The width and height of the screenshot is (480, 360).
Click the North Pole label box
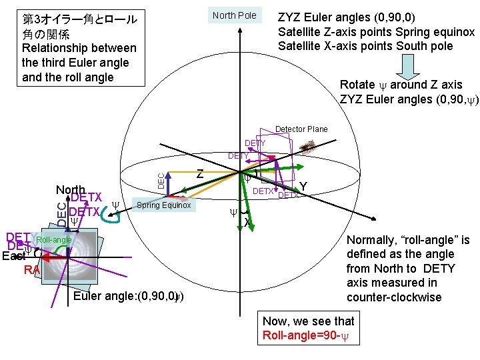coord(234,15)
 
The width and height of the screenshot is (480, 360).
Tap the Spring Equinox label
coord(163,205)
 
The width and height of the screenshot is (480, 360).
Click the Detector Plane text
coord(301,129)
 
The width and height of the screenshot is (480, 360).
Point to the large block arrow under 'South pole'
coord(409,65)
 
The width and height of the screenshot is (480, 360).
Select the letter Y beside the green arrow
coord(303,186)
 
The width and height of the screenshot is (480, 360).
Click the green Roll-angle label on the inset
coord(53,239)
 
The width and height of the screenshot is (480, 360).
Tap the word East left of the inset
coord(13,256)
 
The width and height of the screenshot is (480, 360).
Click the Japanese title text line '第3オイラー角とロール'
coord(79,19)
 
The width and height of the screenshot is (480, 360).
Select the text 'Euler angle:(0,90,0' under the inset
coord(124,296)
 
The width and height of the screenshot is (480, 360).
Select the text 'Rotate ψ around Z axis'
coord(401,85)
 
